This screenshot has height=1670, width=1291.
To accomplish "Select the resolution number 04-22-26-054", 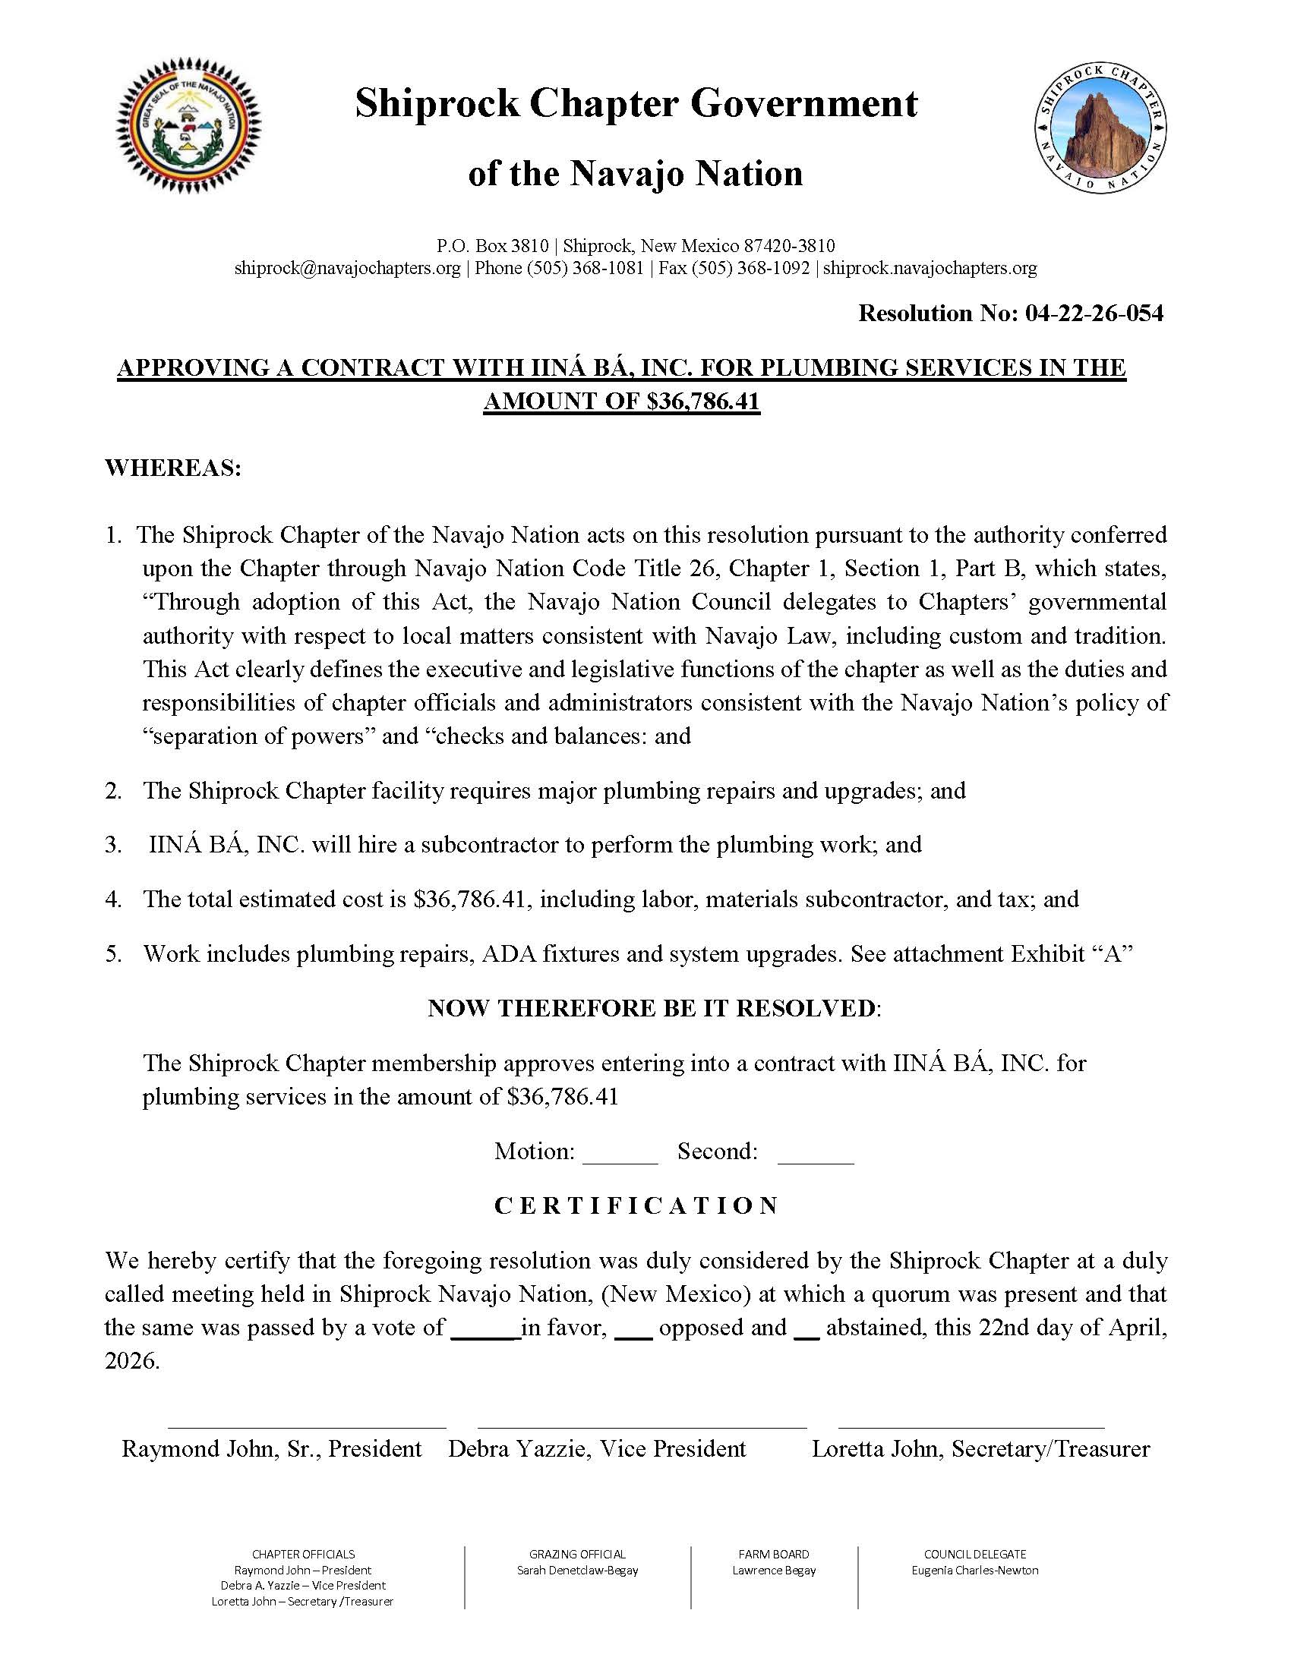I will (1094, 313).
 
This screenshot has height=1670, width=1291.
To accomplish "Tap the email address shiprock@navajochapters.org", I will (347, 269).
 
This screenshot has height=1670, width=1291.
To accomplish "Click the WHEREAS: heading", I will (173, 467).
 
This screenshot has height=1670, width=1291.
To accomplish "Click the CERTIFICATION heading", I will (636, 1206).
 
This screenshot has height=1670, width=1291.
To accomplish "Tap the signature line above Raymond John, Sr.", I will (307, 1427).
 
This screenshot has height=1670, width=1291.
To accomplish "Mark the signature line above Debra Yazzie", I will (642, 1427).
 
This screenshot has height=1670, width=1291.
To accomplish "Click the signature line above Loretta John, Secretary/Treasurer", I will (971, 1427).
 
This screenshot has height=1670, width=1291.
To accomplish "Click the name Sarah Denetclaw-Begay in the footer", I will (577, 1571).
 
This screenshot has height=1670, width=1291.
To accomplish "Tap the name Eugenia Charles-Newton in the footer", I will (974, 1571).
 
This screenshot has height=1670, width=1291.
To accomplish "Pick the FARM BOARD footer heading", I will (773, 1555).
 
